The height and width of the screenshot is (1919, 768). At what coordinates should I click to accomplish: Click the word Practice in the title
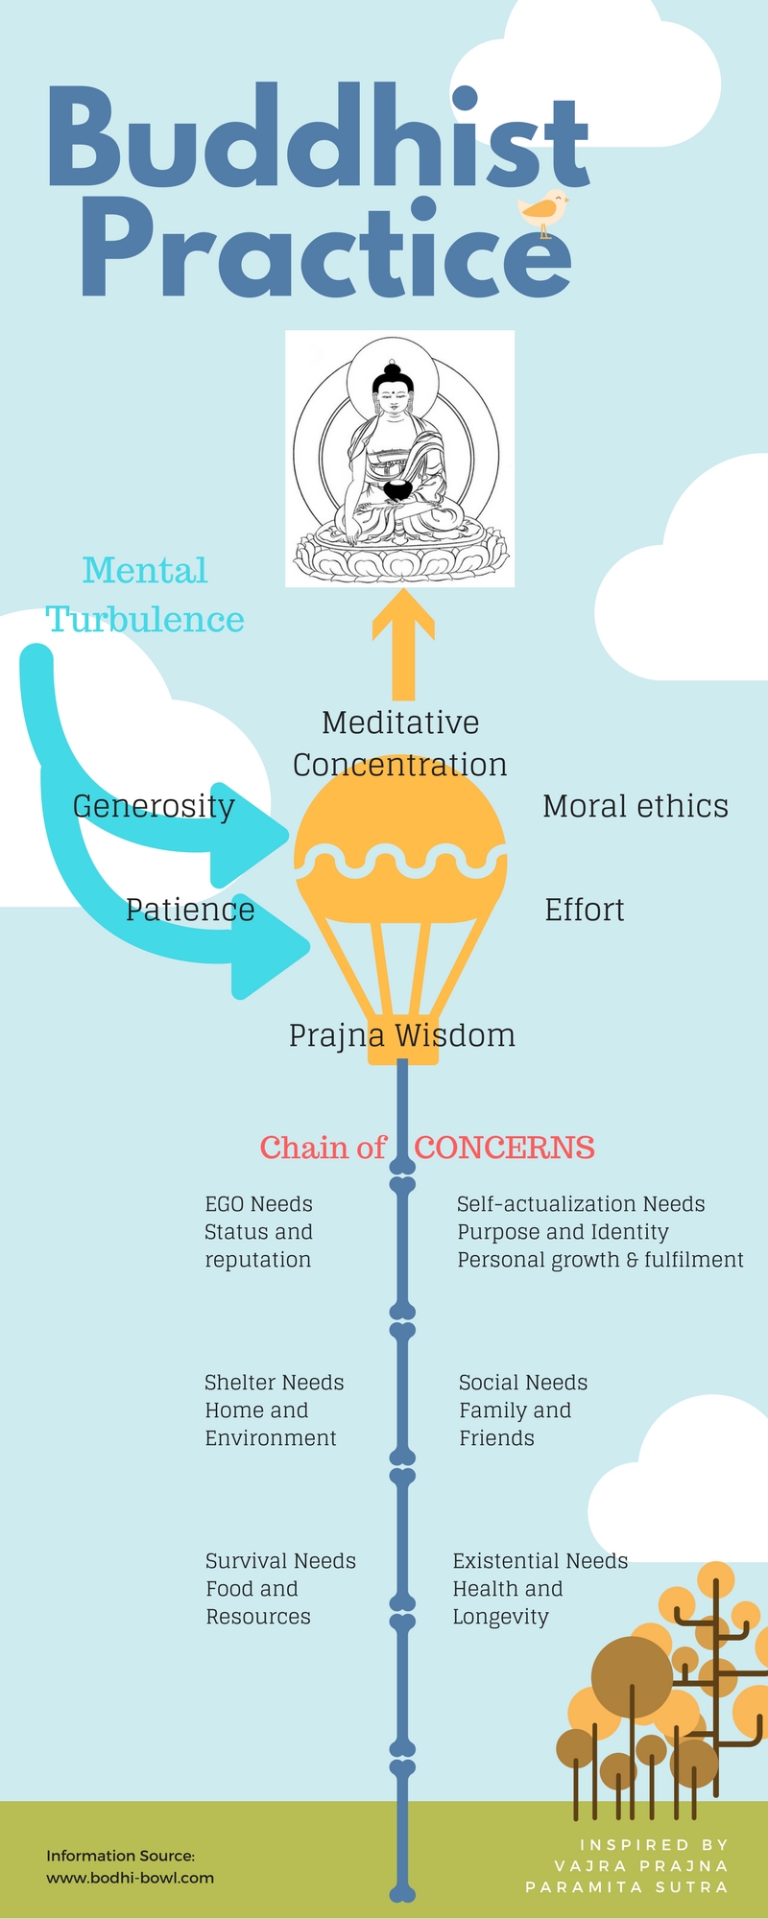coord(326,249)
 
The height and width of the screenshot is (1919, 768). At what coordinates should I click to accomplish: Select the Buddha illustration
coord(400,459)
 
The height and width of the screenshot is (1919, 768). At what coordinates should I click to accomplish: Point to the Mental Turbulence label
coord(145,595)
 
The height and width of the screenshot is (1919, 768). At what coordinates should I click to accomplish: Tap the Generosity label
coord(154,806)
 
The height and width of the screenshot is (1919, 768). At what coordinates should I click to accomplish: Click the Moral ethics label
coord(636,806)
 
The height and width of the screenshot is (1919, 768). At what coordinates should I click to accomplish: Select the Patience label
coord(190,910)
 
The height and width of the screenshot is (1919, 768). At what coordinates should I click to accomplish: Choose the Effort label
coord(585,910)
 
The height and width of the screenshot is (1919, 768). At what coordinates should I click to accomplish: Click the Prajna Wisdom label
coord(402,1035)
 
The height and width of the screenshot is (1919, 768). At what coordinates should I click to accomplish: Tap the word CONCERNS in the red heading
coord(505,1148)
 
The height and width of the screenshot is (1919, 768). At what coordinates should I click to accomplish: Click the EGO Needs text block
coord(258,1232)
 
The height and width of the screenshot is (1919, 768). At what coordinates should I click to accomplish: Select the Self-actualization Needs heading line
coord(581,1204)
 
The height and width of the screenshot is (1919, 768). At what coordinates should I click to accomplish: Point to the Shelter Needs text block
coord(274,1410)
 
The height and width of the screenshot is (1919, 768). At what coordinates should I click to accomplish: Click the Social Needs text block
coord(523,1410)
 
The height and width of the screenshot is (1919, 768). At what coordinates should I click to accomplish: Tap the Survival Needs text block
coord(280,1589)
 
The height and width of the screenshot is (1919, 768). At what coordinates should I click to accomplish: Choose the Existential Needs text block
coord(540,1589)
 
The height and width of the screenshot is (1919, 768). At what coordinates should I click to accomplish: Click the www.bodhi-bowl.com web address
coord(131,1878)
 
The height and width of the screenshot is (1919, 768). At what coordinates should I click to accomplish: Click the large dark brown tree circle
coord(632,1677)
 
